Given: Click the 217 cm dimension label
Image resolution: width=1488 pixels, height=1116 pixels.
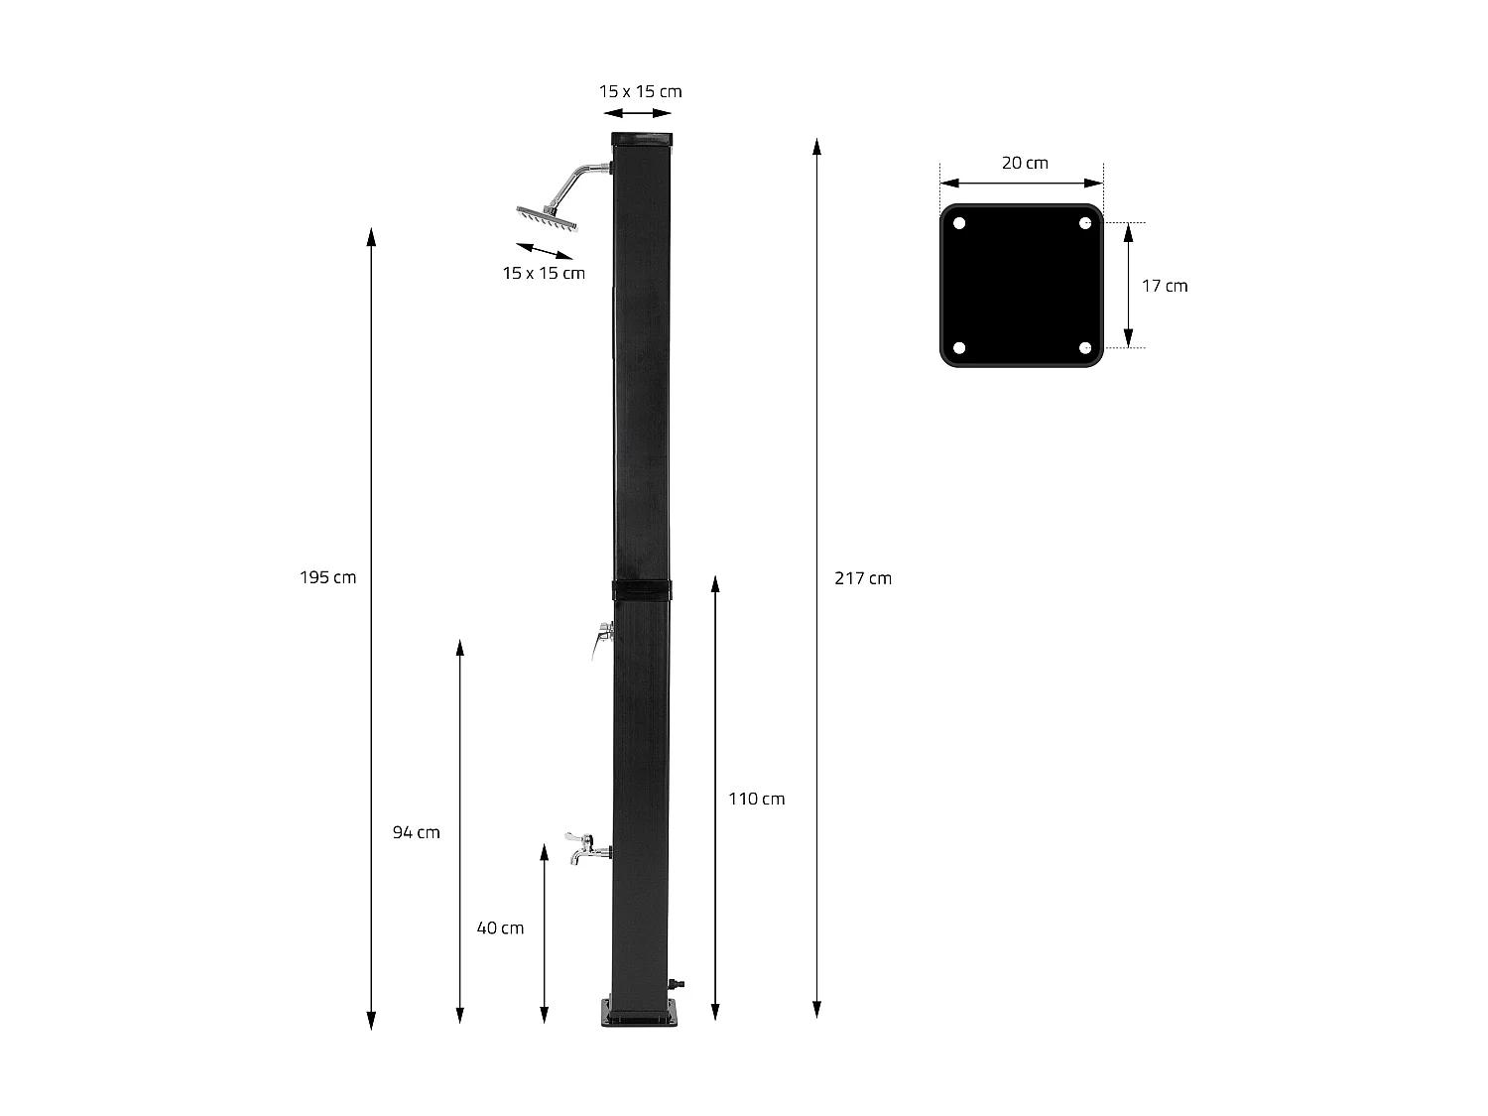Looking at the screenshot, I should point(862,578).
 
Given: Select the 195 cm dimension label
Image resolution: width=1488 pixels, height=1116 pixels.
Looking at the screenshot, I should point(327,577).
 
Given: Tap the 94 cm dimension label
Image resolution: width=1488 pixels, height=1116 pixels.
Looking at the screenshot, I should point(416,832).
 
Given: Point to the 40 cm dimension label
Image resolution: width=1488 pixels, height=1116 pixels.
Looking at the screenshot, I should point(500,929).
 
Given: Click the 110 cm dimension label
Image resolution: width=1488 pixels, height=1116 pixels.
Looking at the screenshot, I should point(756,799).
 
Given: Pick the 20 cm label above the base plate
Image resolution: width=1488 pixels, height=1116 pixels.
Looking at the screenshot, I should point(1024,163).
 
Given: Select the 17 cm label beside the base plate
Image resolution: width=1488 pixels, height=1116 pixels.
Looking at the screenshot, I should point(1164,286).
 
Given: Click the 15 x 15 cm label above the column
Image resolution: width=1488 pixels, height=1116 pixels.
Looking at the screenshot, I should point(640,91).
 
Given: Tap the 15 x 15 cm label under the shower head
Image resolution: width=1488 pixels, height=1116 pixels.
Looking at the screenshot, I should point(544,273).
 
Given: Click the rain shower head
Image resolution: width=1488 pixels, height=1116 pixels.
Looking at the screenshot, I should point(545,217).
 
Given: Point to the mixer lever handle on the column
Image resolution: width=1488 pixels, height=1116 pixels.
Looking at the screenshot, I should point(601,639).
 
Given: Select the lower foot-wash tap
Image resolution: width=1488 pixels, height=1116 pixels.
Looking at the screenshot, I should point(584,848).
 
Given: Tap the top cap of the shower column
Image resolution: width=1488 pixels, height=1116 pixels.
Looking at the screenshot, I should point(642,139).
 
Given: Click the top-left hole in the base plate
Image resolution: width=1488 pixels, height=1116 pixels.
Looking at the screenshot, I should point(959,222).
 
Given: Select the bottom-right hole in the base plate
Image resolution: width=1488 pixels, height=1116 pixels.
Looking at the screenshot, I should point(1085,348).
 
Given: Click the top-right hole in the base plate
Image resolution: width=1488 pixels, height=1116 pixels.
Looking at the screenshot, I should point(1085,222).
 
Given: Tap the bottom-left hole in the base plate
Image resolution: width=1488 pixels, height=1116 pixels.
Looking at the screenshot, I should point(959,348).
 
